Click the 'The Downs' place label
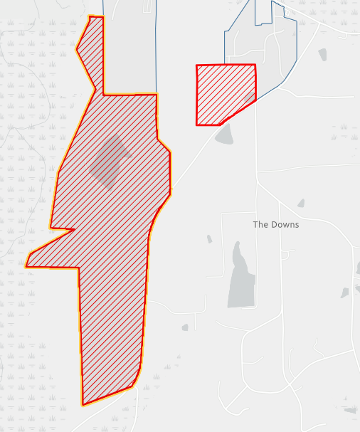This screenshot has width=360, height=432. tap(276, 225)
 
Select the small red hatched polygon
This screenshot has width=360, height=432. tap(223, 93)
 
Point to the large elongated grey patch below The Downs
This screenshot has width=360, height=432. tap(240, 278)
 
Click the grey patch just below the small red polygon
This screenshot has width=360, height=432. tap(224, 135)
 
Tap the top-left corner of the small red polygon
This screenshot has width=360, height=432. tap(197, 66)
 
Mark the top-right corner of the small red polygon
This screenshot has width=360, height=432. tap(255, 65)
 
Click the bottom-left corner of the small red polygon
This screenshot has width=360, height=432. tap(198, 125)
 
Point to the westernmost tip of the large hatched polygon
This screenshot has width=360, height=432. tap(26, 266)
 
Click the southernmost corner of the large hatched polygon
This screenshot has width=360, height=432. tap(83, 405)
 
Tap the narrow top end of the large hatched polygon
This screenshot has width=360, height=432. tap(95, 17)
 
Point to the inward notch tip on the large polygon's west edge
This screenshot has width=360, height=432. tap(74, 229)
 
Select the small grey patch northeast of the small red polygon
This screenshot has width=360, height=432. tap(322, 54)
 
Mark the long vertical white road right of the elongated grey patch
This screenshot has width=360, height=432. tap(257, 270)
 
